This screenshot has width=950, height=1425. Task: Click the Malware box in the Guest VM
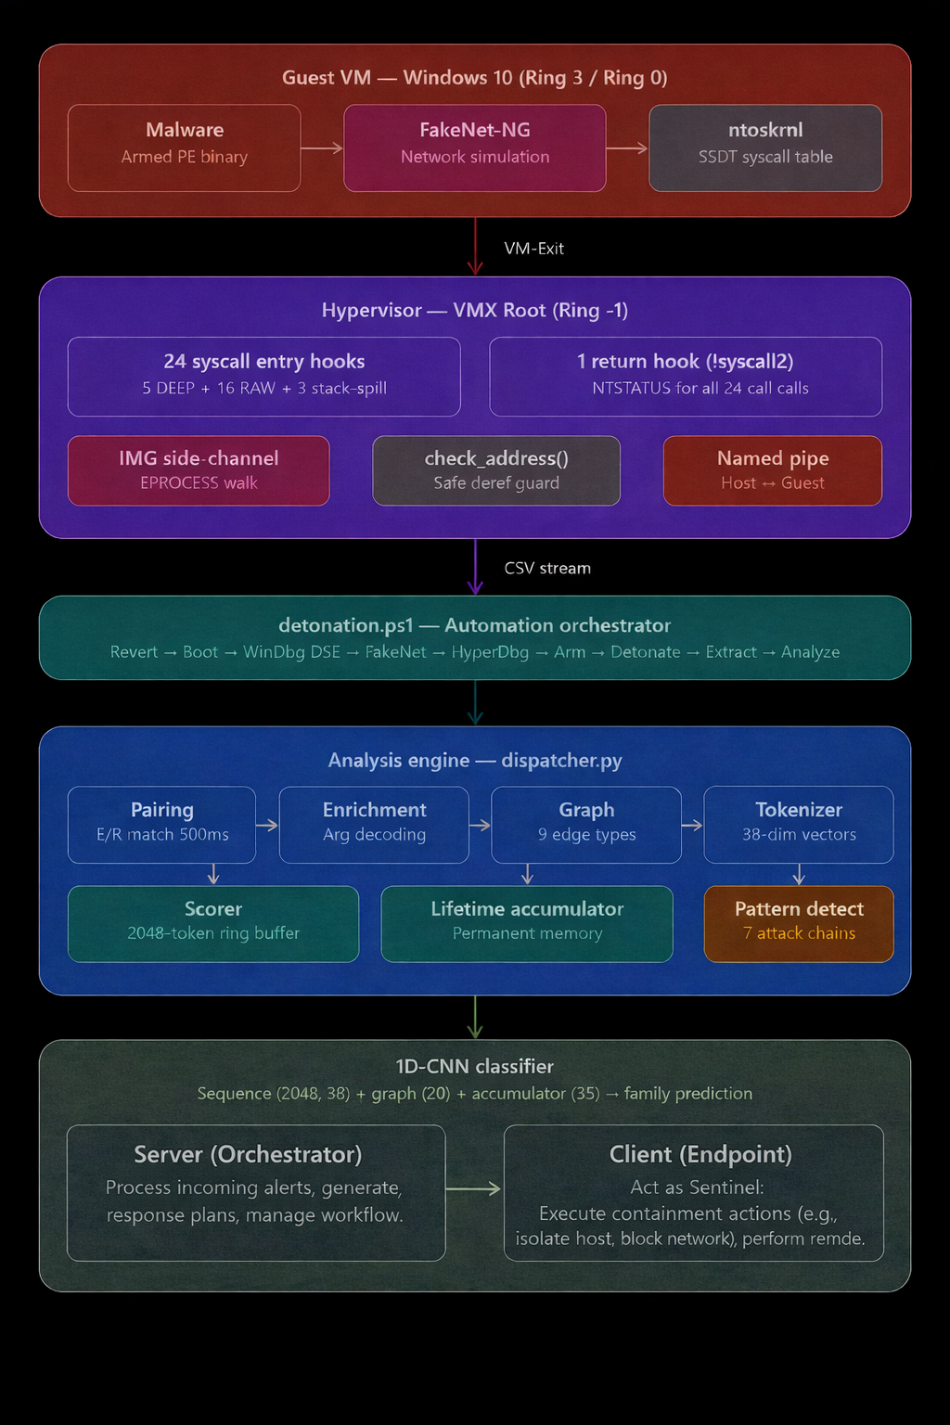pyautogui.click(x=184, y=148)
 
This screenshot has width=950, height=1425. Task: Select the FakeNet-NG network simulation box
pyautogui.click(x=474, y=148)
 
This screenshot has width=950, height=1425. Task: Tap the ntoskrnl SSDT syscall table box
pyautogui.click(x=765, y=148)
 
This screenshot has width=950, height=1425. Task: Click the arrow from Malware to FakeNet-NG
pyautogui.click(x=322, y=148)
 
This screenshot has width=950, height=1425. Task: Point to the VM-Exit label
pyautogui.click(x=533, y=249)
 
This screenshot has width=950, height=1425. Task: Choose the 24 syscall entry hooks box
pyautogui.click(x=263, y=376)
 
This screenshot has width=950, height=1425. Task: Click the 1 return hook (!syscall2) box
pyautogui.click(x=686, y=376)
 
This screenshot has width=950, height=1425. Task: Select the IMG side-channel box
pyautogui.click(x=199, y=470)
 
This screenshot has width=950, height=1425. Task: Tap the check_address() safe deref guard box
pyautogui.click(x=496, y=470)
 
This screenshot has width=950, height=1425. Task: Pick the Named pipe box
pyautogui.click(x=773, y=470)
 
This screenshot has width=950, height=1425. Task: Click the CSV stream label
pyautogui.click(x=547, y=568)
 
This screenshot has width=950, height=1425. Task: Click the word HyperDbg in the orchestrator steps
pyautogui.click(x=490, y=652)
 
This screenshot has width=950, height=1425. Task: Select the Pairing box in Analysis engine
pyautogui.click(x=161, y=824)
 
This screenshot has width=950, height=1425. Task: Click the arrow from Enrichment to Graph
pyautogui.click(x=480, y=825)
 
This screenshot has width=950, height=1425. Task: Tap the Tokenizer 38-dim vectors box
pyautogui.click(x=799, y=824)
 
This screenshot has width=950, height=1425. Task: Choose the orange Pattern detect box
pyautogui.click(x=799, y=923)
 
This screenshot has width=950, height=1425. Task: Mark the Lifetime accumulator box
pyautogui.click(x=527, y=923)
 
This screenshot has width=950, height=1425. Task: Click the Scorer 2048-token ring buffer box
pyautogui.click(x=213, y=923)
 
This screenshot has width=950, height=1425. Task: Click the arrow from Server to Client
pyautogui.click(x=474, y=1188)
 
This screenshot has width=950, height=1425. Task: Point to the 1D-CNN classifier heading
pyautogui.click(x=474, y=1066)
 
